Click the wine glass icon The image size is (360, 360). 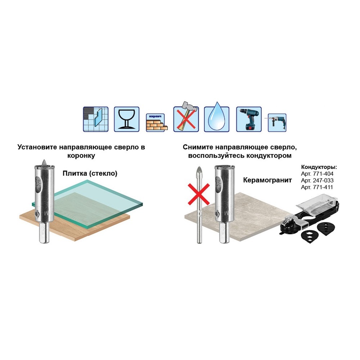(x=126, y=119)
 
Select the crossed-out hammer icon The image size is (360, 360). (x=186, y=117)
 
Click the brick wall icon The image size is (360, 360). (x=157, y=123)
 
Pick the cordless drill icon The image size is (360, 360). (x=249, y=119)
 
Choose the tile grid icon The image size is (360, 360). (x=95, y=119)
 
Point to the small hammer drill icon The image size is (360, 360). (x=276, y=123)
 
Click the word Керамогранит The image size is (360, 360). (x=267, y=180)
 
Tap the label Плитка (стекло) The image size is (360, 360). (x=90, y=174)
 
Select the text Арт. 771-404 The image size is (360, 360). (x=317, y=174)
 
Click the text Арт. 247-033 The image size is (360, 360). (x=317, y=180)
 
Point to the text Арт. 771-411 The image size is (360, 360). (x=317, y=187)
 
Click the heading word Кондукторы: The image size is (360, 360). (x=319, y=167)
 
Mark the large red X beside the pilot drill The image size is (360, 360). (x=199, y=194)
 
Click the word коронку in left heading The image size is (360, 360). (x=81, y=156)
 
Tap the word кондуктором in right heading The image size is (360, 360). (x=269, y=156)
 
